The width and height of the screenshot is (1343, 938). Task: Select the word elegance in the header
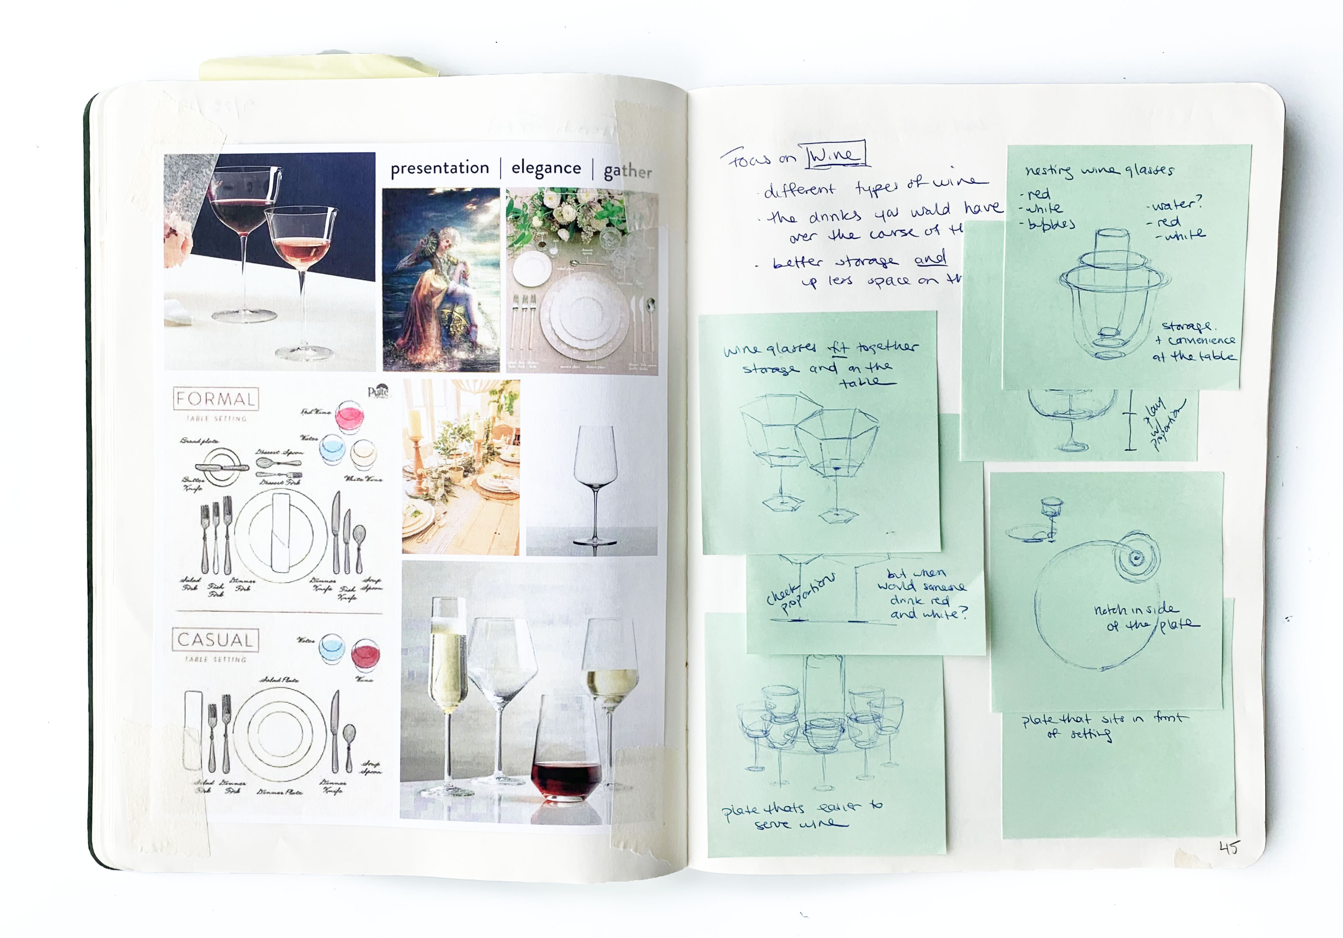(546, 168)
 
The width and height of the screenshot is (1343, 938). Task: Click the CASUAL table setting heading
(215, 640)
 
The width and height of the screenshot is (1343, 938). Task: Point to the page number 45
(1229, 848)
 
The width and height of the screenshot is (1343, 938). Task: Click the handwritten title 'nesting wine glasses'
(1099, 170)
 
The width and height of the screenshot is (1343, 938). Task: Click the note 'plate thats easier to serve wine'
(801, 815)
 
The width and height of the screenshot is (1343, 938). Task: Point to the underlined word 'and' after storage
(930, 258)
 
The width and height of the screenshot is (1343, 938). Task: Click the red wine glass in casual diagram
(366, 655)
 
